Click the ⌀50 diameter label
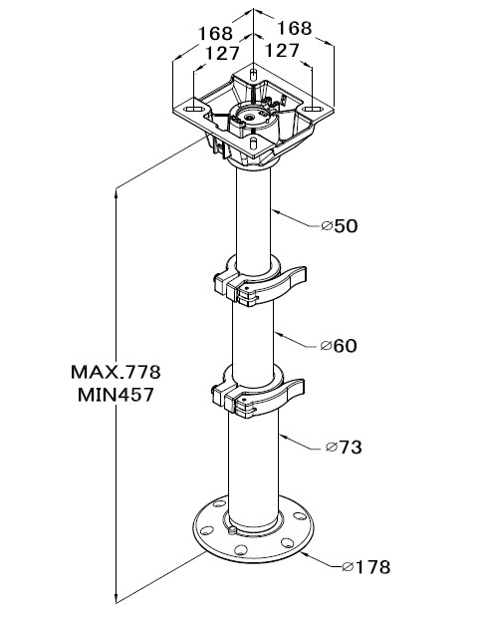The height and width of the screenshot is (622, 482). click(340, 225)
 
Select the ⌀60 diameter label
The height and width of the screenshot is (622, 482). click(339, 346)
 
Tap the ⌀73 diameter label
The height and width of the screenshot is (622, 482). click(344, 447)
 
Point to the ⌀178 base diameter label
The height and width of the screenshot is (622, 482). click(365, 567)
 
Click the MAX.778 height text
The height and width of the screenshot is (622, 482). click(116, 372)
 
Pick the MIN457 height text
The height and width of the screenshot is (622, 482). click(116, 395)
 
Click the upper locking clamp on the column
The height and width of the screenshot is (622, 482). click(260, 282)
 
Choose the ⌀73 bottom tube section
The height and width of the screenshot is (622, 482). click(254, 468)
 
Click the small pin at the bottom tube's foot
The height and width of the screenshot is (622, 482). click(233, 530)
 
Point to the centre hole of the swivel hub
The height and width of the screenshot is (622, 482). click(250, 118)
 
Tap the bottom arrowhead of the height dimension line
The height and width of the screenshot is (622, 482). click(117, 598)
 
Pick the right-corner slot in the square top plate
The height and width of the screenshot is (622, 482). click(312, 109)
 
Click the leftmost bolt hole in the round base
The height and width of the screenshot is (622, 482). click(206, 530)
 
